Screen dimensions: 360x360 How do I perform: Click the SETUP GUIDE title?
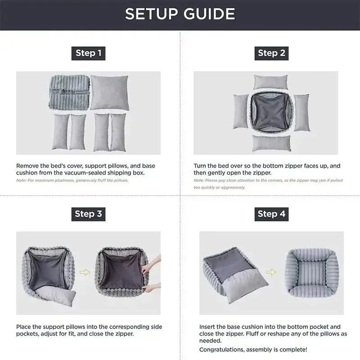(x=180, y=14)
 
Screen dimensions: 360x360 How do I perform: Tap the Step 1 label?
(x=88, y=53)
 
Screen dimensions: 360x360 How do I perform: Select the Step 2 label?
(x=271, y=53)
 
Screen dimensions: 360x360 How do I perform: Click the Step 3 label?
(x=88, y=214)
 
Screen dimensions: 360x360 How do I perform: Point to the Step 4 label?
(x=271, y=214)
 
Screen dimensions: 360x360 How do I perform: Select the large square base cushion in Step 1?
(x=110, y=93)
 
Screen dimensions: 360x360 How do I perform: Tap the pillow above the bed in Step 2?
(x=270, y=82)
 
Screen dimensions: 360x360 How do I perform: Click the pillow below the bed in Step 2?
(x=271, y=143)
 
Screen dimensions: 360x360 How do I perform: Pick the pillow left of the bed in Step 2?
(x=240, y=111)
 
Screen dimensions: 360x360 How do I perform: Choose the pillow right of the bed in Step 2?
(x=301, y=112)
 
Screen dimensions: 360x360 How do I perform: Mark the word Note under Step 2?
(x=198, y=180)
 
